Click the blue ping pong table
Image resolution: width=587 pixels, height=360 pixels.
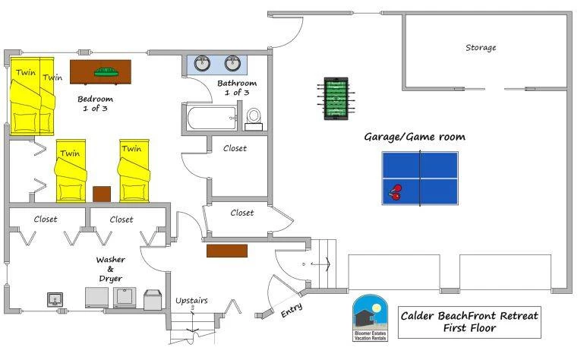420,178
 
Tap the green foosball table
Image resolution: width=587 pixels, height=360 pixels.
336,99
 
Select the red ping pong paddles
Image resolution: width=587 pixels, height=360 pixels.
395,192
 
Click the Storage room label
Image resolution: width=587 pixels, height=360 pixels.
481,48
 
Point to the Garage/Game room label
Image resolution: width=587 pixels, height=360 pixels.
415,137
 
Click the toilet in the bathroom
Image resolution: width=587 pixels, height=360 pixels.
254,119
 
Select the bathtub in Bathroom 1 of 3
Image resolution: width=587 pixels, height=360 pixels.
212,118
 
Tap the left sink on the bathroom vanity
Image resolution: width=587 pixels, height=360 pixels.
202,63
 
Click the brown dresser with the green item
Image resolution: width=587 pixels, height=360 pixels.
100,72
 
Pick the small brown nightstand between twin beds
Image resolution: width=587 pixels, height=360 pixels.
102,194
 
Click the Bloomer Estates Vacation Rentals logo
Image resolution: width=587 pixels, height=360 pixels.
371,317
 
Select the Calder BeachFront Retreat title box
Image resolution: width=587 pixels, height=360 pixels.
469,322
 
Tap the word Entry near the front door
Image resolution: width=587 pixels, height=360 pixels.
292,310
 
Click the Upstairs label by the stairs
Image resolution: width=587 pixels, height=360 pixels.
191,301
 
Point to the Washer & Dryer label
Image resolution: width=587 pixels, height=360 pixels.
110,269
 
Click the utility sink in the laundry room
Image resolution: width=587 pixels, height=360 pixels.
55,300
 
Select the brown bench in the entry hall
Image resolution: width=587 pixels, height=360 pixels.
227,251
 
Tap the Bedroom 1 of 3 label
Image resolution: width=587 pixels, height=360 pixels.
95,103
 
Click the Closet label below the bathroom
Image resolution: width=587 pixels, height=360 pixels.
235,148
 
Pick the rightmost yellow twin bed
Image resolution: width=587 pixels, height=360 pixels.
134,171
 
